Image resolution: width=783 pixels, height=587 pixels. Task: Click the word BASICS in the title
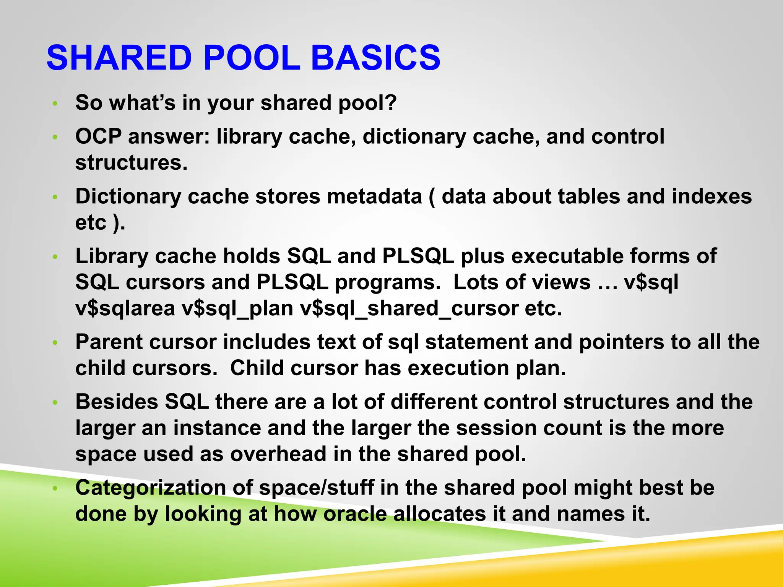coord(375,57)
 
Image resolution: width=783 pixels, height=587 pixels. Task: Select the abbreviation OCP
coord(98,136)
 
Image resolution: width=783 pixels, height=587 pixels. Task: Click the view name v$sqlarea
coord(125,308)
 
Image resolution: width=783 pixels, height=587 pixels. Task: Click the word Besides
coord(117,402)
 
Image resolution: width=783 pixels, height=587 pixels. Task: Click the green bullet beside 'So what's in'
coord(55,104)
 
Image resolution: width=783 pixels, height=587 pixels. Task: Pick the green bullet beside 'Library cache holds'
coord(55,257)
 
